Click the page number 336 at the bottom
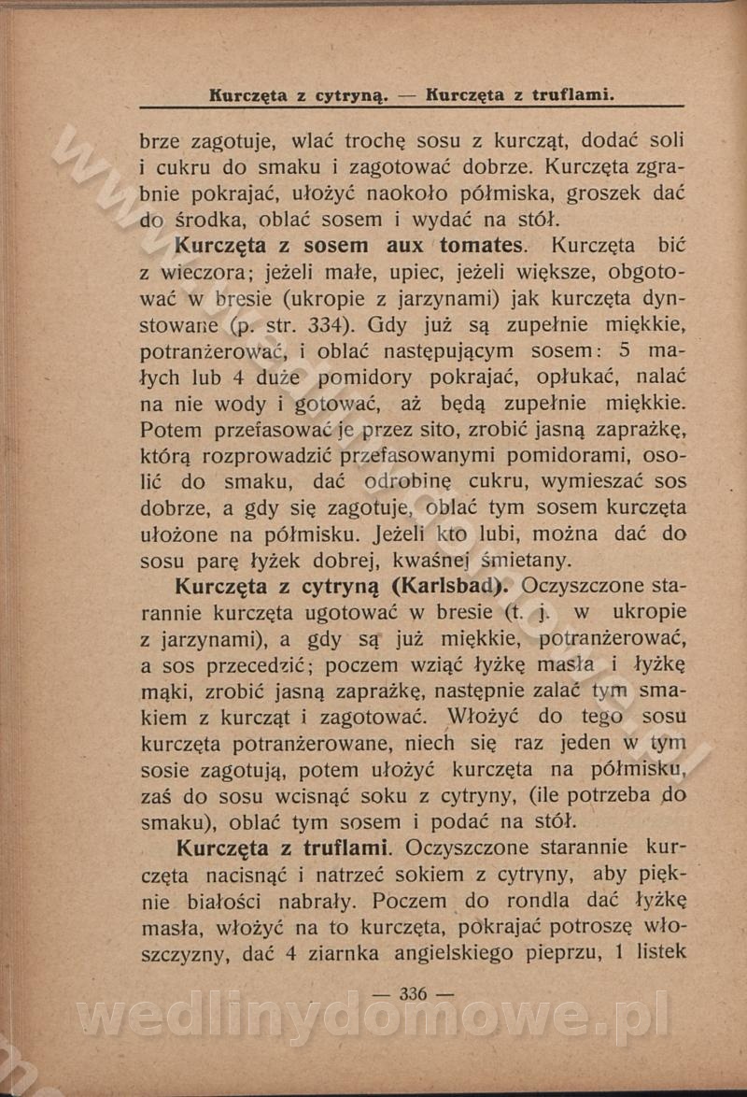[x=412, y=994]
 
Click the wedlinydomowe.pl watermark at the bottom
[x=373, y=1017]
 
